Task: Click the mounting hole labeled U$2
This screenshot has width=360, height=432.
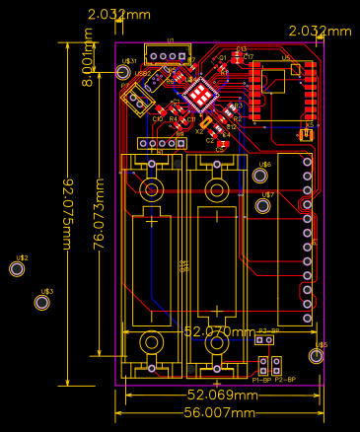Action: [x=17, y=268]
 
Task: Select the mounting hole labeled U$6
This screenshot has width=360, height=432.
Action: [x=260, y=176]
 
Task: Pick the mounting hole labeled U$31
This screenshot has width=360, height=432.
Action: [x=123, y=72]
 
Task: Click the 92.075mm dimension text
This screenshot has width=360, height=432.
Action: [x=68, y=215]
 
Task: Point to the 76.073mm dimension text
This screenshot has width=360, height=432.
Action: [x=99, y=215]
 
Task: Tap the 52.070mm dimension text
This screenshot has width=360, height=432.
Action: [x=219, y=332]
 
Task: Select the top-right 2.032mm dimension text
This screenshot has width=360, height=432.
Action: [x=320, y=32]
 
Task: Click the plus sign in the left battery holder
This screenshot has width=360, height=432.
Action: [x=152, y=221]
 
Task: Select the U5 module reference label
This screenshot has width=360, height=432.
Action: [x=286, y=58]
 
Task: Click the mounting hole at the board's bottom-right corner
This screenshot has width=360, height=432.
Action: [x=316, y=356]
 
